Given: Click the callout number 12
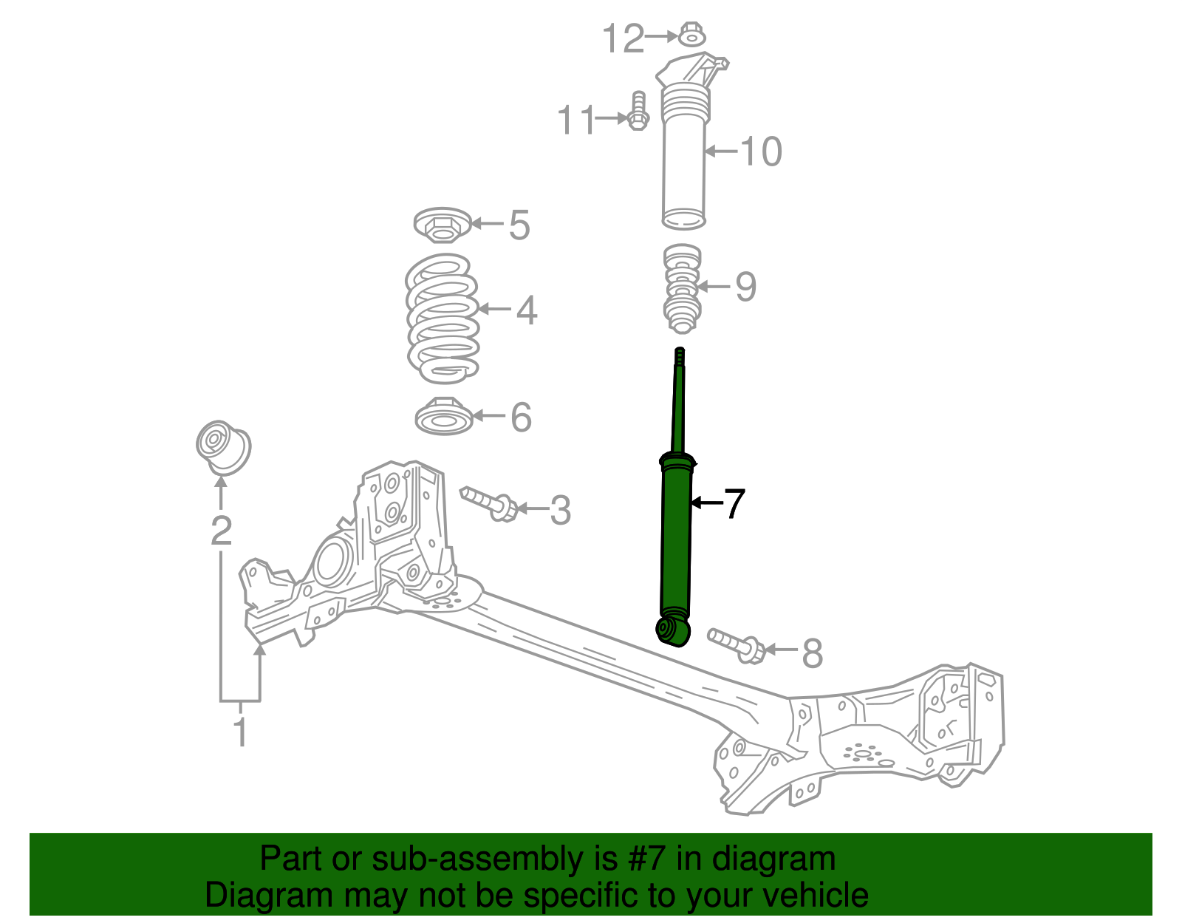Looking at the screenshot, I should pyautogui.click(x=624, y=38).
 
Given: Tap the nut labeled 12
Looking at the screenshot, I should pyautogui.click(x=691, y=34).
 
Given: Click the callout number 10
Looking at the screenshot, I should pyautogui.click(x=760, y=151).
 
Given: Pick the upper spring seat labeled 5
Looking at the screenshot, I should pyautogui.click(x=441, y=225).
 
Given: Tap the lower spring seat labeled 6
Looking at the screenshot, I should pyautogui.click(x=443, y=417).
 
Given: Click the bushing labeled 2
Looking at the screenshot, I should pyautogui.click(x=223, y=446).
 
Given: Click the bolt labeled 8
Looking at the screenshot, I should pyautogui.click(x=736, y=644).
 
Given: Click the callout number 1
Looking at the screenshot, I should pyautogui.click(x=239, y=732).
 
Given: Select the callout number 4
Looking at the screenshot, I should pyautogui.click(x=526, y=310).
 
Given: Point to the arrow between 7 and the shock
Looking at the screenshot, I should pyautogui.click(x=706, y=503).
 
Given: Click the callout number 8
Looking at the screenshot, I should pyautogui.click(x=812, y=654).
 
